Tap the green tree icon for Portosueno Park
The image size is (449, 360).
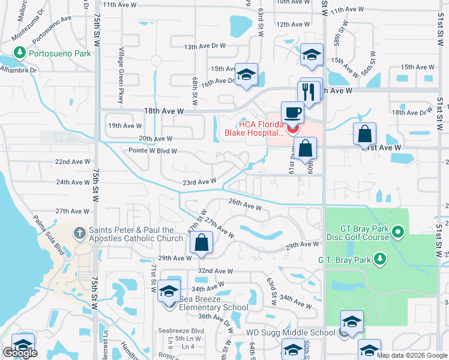[x=19, y=53]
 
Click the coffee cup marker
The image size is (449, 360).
[x=292, y=112]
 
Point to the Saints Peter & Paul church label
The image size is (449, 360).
[x=136, y=234]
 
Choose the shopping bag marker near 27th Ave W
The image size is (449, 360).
[x=202, y=243]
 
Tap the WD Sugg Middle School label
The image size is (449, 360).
[x=291, y=332]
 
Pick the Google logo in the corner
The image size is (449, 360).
[x=20, y=353]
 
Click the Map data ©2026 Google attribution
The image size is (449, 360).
[x=411, y=355]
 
